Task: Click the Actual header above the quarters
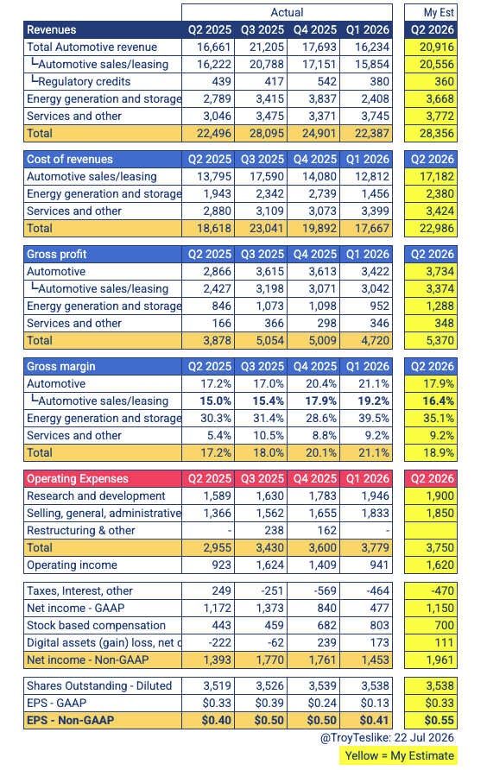point(287,12)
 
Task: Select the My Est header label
point(439,13)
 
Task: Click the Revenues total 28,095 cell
point(267,133)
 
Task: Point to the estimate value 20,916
point(436,47)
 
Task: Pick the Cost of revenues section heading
point(70,159)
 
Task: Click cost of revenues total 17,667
point(372,228)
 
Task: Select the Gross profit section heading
point(56,254)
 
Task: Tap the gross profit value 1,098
point(322,306)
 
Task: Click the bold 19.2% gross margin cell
point(373,401)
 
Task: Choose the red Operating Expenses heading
point(78,479)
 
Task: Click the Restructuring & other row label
point(81,530)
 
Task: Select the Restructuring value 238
point(275,530)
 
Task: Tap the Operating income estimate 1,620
point(440,565)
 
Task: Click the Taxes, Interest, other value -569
point(326,590)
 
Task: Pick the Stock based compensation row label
point(97,625)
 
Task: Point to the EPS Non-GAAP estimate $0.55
point(440,721)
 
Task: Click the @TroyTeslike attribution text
point(387,737)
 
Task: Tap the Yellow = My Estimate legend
point(399,756)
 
